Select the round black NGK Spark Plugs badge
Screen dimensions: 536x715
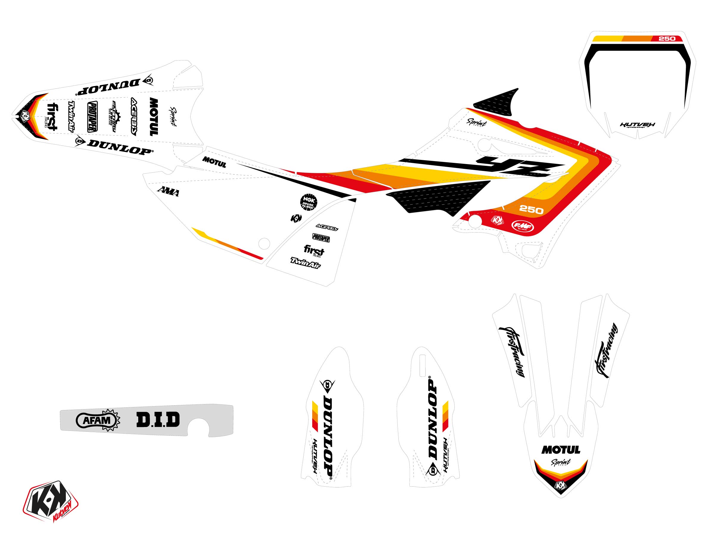click(308, 202)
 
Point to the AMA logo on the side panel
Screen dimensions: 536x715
click(168, 191)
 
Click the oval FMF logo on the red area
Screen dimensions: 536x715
click(522, 226)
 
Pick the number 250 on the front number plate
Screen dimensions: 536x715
click(667, 39)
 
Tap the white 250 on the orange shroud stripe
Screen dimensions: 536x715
click(531, 210)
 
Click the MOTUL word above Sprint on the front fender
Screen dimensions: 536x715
click(561, 450)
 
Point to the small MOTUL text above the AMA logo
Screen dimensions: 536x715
click(214, 162)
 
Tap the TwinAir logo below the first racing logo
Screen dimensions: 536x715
click(305, 263)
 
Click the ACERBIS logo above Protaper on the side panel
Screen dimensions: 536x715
click(327, 228)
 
